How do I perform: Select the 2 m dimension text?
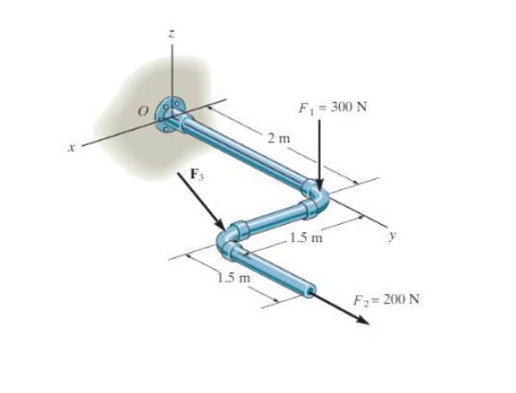click(x=278, y=141)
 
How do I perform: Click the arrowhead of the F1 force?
click(x=319, y=187)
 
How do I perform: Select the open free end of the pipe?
click(x=311, y=288)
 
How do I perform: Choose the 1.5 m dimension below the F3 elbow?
click(x=233, y=279)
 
